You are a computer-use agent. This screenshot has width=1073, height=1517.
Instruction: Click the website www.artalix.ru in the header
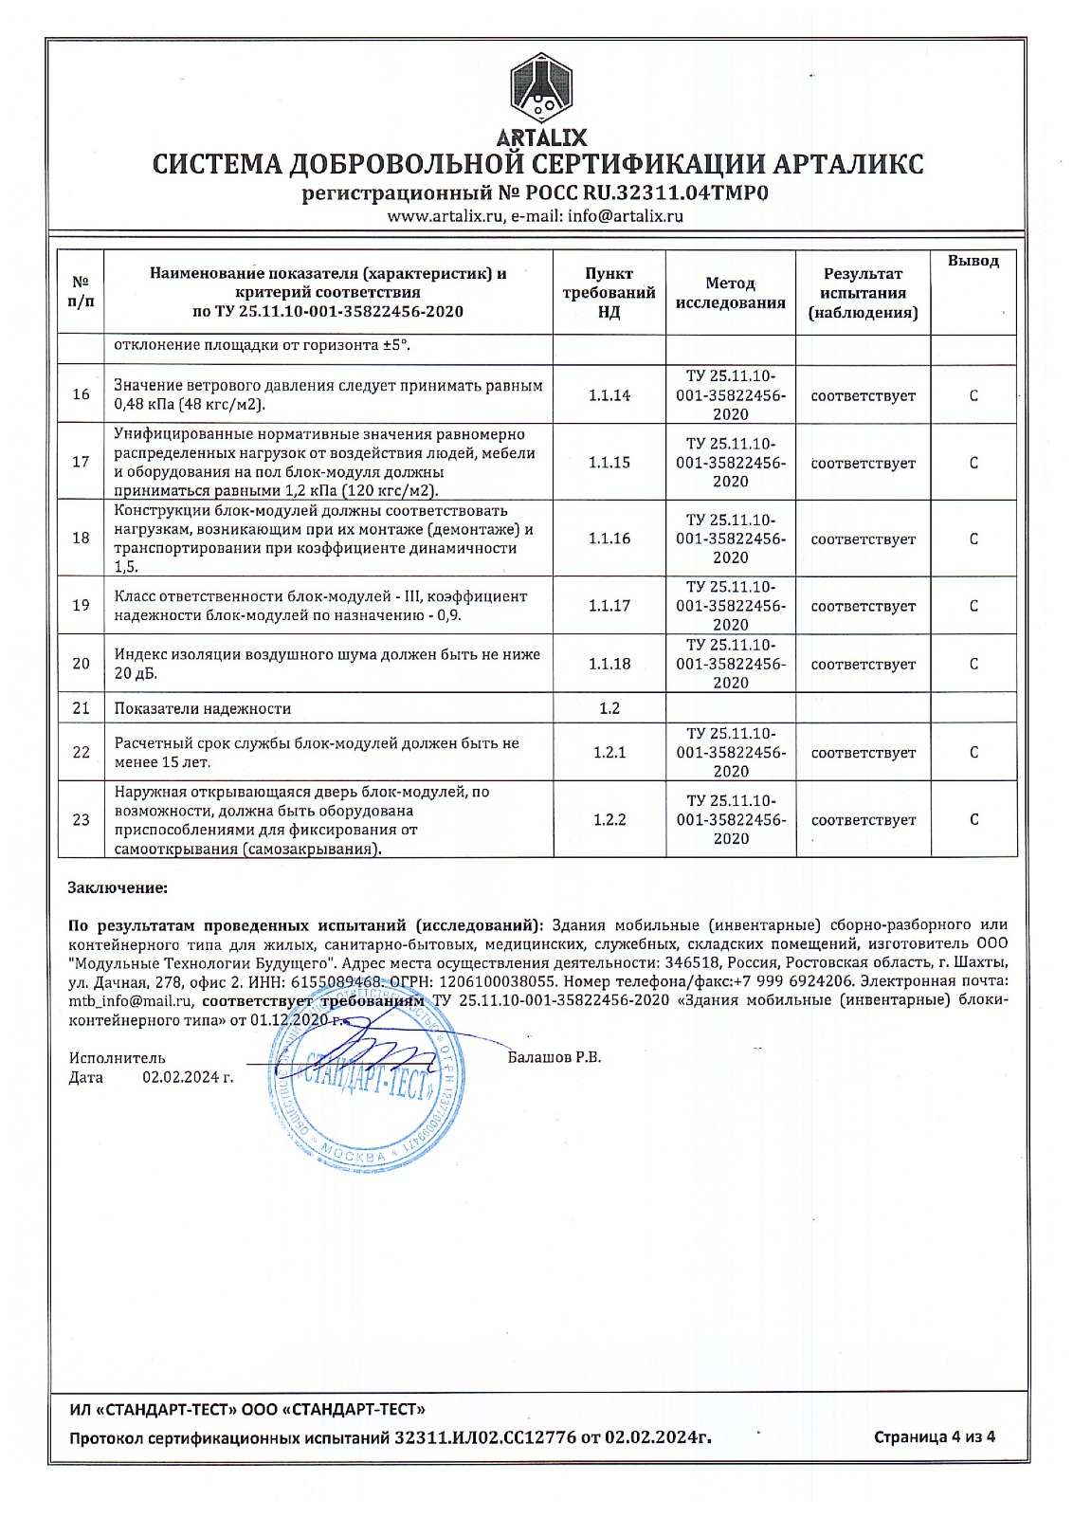click(x=445, y=215)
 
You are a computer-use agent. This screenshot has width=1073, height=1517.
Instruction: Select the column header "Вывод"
click(x=973, y=261)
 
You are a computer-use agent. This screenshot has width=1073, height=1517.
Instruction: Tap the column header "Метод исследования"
click(x=730, y=293)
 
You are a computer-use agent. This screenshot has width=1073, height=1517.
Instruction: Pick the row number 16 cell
click(x=82, y=394)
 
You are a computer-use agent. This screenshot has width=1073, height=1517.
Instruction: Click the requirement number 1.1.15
click(x=609, y=463)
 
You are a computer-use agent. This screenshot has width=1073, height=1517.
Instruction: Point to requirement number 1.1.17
click(x=609, y=606)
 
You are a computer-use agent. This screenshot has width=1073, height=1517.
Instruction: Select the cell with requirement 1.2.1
click(x=609, y=753)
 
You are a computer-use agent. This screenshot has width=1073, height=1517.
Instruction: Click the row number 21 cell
click(x=82, y=708)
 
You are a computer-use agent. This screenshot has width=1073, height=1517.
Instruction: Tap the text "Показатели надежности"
click(x=203, y=708)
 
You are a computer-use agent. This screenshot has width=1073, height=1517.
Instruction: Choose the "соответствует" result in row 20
click(x=863, y=665)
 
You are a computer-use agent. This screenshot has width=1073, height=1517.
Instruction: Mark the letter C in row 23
click(x=973, y=819)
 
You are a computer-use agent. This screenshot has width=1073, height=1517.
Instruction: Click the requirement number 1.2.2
click(x=609, y=819)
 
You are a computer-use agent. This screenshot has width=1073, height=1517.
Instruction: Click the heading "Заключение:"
click(x=118, y=888)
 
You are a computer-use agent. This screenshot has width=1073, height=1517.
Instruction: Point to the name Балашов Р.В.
click(x=554, y=1057)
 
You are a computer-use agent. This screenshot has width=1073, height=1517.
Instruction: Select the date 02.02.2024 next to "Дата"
click(x=187, y=1077)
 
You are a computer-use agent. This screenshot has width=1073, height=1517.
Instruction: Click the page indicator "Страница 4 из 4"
click(x=934, y=1436)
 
